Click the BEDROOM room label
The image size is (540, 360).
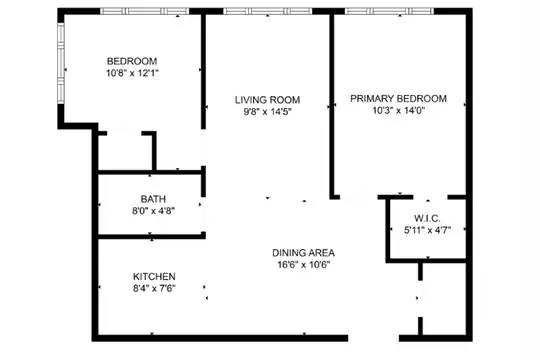(x=132, y=61)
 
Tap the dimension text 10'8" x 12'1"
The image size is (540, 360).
(x=132, y=73)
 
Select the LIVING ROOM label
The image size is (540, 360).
(x=268, y=100)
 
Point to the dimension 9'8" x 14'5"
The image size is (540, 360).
(x=268, y=112)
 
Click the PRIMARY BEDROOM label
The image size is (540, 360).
(x=398, y=99)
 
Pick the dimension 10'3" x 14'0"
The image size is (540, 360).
(x=398, y=110)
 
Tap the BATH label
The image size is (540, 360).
(x=153, y=199)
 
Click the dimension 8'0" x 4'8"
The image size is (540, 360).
(x=153, y=210)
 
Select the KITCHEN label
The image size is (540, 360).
(x=154, y=276)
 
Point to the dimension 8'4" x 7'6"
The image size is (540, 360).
(x=154, y=288)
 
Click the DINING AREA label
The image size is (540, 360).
(x=303, y=253)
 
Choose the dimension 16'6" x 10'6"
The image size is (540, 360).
(x=303, y=265)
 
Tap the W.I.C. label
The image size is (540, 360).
(x=427, y=218)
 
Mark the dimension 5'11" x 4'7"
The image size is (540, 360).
(x=427, y=230)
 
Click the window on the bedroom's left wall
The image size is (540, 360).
(x=61, y=63)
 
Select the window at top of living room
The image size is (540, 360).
(x=268, y=11)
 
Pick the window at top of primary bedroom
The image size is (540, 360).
(x=390, y=11)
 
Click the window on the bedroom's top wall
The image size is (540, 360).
(x=145, y=11)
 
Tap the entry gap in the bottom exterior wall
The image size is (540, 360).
(x=373, y=338)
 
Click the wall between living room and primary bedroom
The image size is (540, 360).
(x=332, y=105)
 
